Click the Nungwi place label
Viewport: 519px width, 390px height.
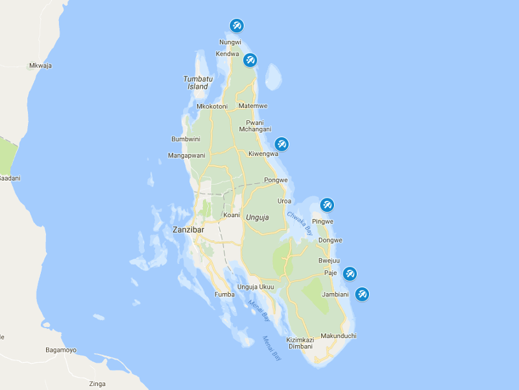click(230, 42)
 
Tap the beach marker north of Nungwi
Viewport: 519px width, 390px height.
click(237, 26)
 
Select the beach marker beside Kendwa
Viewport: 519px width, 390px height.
click(250, 60)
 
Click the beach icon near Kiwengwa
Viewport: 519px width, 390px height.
click(282, 144)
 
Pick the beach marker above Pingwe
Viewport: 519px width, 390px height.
click(327, 205)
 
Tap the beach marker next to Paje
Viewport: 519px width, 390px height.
click(350, 274)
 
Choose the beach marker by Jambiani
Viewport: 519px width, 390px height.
click(362, 294)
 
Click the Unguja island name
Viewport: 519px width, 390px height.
click(257, 216)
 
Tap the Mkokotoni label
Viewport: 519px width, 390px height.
click(211, 106)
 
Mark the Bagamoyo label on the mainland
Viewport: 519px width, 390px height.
click(60, 350)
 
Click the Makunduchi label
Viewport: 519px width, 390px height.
click(339, 335)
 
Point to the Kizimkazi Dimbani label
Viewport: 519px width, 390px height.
click(300, 343)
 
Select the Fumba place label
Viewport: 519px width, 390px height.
click(224, 294)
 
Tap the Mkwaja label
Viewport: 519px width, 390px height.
click(40, 66)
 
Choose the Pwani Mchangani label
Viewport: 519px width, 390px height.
click(255, 125)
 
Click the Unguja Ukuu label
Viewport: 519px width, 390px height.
click(256, 287)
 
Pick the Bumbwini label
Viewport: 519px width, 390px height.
click(186, 139)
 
